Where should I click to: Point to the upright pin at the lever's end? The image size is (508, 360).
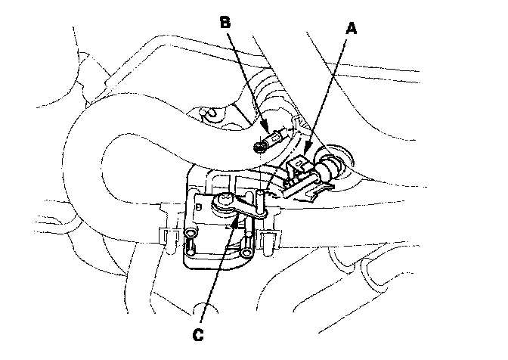259,200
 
